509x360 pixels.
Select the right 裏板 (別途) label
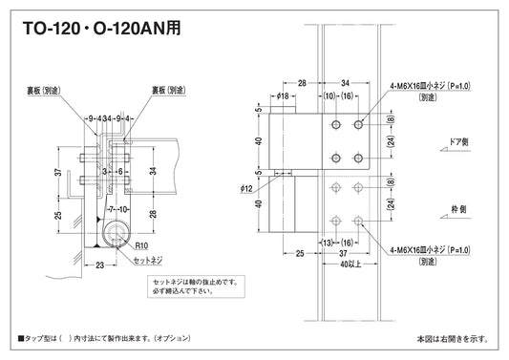tap(169, 92)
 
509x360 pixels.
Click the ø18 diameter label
tap(283, 96)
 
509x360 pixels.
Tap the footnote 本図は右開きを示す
tap(452, 338)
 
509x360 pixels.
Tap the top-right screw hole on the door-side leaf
tap(358, 125)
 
